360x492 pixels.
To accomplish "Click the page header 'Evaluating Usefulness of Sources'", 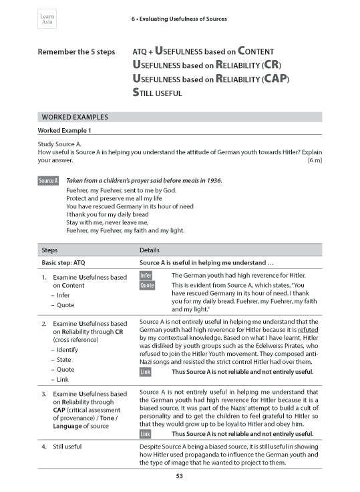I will pyautogui.click(x=179, y=19).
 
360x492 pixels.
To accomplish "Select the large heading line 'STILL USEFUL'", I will pyautogui.click(x=157, y=93).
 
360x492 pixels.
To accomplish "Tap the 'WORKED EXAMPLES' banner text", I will pyautogui.click(x=74, y=117).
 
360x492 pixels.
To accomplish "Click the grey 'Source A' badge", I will pyautogui.click(x=48, y=181).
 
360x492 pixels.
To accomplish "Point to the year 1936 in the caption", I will pyautogui.click(x=212, y=181).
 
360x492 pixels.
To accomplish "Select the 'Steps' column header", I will pyautogui.click(x=49, y=250).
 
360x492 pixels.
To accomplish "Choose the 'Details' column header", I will pyautogui.click(x=149, y=250).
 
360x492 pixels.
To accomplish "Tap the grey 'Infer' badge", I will pyautogui.click(x=147, y=275).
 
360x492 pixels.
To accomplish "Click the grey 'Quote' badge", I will pyautogui.click(x=147, y=286).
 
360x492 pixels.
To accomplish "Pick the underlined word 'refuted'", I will pyautogui.click(x=307, y=330).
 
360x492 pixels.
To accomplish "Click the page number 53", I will pyautogui.click(x=180, y=475).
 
